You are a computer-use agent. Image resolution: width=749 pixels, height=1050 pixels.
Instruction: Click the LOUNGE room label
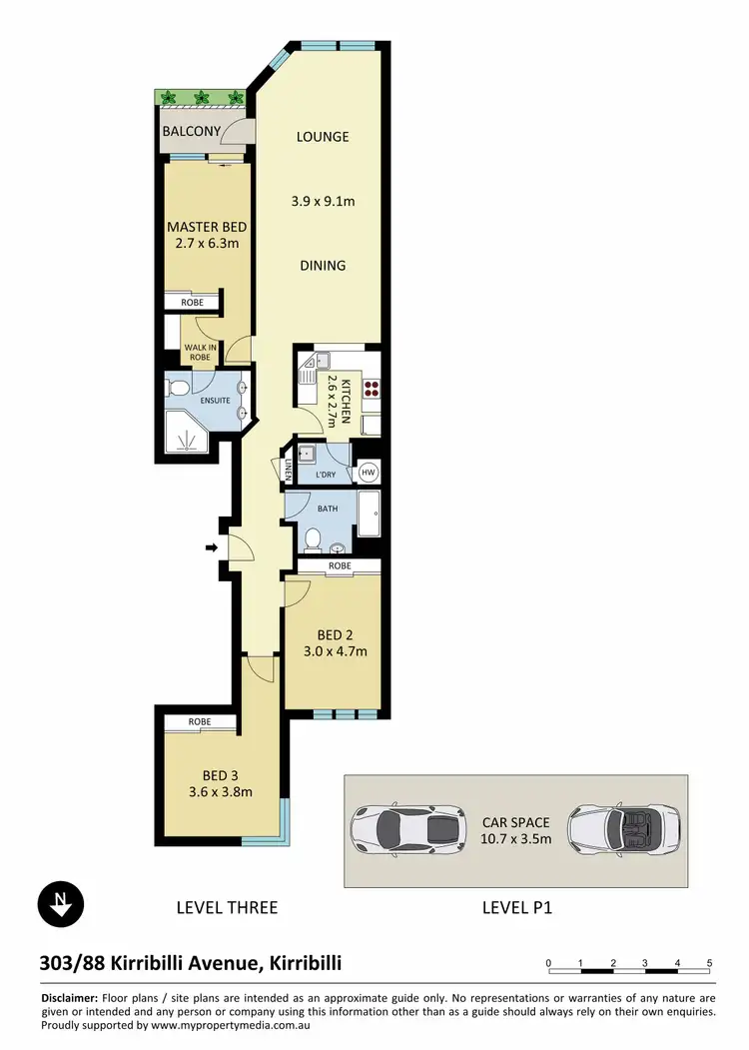point(322,137)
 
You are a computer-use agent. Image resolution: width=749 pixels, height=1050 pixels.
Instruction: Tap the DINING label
point(322,266)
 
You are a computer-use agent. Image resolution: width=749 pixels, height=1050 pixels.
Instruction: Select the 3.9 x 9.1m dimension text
point(322,202)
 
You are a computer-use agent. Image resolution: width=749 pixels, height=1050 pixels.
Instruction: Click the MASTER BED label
point(207,227)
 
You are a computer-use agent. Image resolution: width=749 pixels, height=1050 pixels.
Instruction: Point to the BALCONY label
point(192,131)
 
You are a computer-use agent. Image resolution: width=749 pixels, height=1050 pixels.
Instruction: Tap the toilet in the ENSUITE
point(177,387)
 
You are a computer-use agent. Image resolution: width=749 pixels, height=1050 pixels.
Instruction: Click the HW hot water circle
point(368,473)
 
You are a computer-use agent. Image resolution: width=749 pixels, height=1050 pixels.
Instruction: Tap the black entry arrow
point(211,547)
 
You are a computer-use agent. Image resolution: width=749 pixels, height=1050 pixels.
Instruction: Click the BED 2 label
point(337,634)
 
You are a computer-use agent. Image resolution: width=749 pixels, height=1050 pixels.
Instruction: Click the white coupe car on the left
point(406,828)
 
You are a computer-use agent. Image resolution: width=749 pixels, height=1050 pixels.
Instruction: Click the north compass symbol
point(61,903)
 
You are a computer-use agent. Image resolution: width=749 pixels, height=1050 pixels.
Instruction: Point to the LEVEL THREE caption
point(226,908)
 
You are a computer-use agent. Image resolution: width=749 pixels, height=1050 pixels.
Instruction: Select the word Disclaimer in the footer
point(69,999)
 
